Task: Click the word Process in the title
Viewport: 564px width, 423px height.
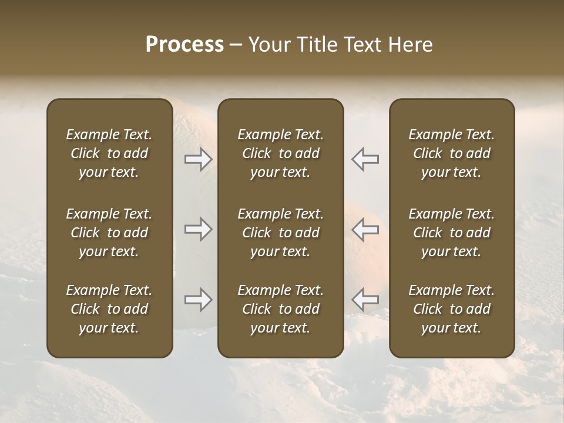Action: point(184,45)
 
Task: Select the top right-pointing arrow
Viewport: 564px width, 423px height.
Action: point(199,159)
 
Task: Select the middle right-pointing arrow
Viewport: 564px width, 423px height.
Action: point(199,230)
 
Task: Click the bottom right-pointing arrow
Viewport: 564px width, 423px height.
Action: point(199,300)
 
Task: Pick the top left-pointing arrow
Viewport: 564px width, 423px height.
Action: point(365,159)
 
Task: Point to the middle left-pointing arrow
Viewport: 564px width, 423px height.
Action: point(365,230)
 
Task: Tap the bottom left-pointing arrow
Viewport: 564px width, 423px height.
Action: point(365,300)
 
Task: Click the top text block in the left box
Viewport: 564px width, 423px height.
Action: point(109,153)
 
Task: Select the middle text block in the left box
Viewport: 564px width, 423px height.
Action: point(109,233)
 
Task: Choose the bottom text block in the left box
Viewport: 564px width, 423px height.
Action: point(109,309)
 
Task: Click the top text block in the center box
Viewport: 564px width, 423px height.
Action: point(280,153)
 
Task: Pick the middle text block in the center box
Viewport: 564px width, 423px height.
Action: point(280,233)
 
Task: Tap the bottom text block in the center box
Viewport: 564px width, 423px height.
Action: point(280,309)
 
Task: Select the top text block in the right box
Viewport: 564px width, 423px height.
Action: point(451,153)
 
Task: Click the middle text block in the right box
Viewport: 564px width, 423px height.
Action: point(451,233)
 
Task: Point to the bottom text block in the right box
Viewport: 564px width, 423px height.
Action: point(451,309)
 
